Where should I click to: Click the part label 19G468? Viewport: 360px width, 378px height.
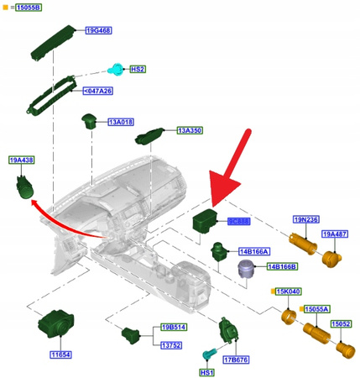coord(98,30)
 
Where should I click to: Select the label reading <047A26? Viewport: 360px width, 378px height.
coord(99,89)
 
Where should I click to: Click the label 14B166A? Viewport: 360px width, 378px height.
coord(253,251)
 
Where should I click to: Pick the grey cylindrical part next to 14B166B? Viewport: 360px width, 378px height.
coord(248,269)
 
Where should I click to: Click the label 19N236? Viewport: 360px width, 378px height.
coord(305,219)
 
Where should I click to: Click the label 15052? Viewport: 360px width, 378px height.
coord(341,323)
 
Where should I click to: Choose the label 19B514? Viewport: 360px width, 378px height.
coord(174,327)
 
